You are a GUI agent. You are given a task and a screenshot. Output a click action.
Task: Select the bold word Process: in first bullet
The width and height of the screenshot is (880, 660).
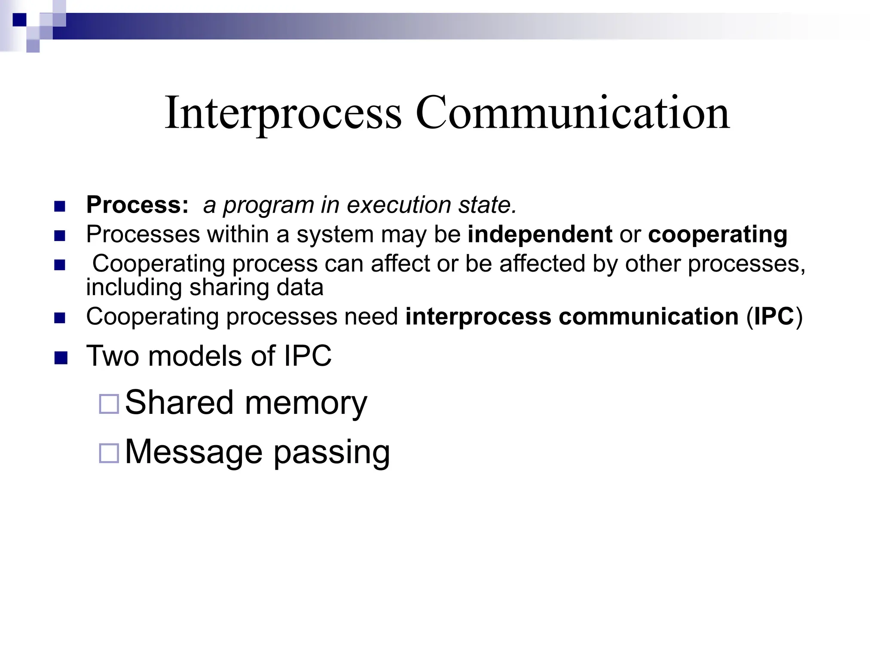click(x=137, y=205)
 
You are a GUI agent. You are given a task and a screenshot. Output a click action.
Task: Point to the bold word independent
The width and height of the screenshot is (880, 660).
click(x=540, y=234)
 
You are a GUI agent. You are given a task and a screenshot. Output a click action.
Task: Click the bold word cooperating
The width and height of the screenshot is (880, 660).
click(x=718, y=235)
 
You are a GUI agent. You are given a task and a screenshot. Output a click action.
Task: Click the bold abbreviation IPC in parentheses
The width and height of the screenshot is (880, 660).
click(x=774, y=317)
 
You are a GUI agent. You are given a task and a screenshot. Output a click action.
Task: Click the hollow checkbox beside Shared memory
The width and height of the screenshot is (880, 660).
click(x=109, y=404)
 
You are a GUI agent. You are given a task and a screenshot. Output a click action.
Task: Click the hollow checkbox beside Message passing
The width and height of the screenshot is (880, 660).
click(x=109, y=453)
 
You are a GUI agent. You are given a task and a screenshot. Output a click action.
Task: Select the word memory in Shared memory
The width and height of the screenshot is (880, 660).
click(x=306, y=403)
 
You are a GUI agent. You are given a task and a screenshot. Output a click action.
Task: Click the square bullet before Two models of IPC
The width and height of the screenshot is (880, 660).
click(x=61, y=358)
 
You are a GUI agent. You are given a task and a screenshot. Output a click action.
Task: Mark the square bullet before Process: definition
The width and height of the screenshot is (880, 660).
click(x=60, y=207)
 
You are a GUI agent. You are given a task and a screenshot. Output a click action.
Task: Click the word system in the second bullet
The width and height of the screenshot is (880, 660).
click(x=335, y=235)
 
